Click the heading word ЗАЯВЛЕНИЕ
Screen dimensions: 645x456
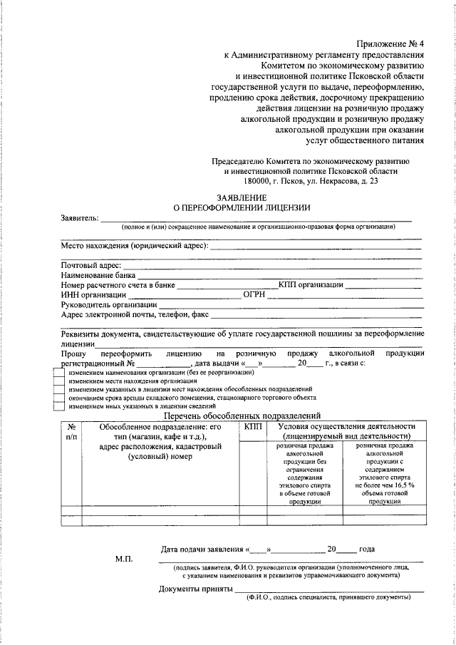[x=242, y=197]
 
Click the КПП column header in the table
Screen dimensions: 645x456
[x=252, y=425]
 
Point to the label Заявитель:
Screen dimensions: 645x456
[x=79, y=218]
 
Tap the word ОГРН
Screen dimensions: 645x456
[x=254, y=294]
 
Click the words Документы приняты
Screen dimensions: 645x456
[x=195, y=589]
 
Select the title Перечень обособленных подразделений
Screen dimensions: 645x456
[x=242, y=416]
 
